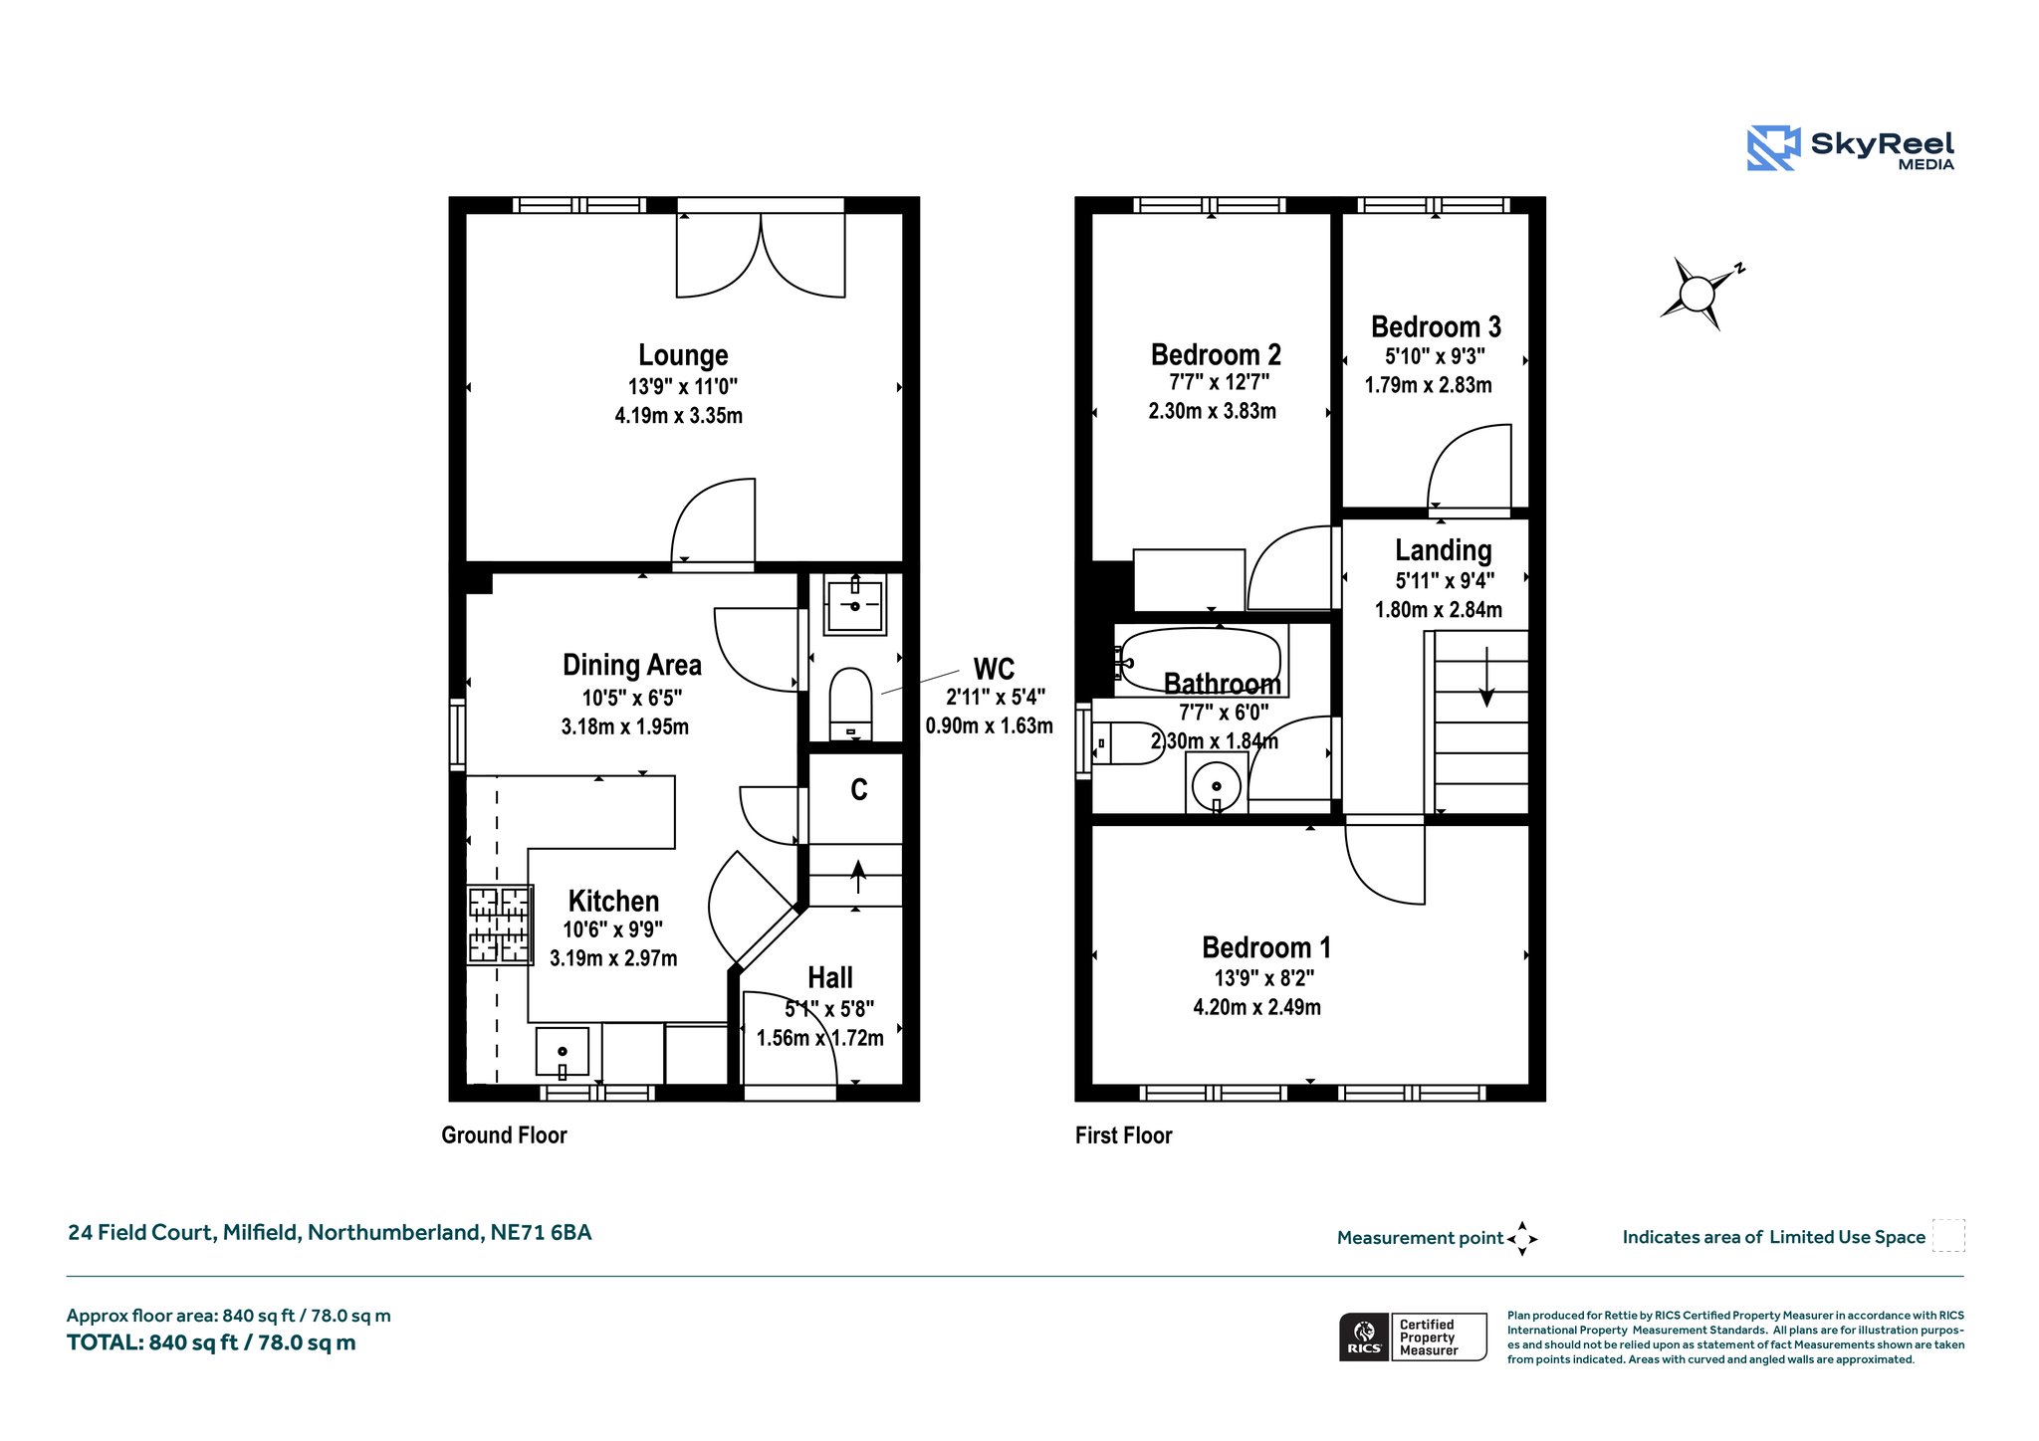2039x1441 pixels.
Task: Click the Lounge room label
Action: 683,355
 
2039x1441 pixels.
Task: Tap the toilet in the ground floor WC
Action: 851,704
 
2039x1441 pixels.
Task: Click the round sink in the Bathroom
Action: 1217,786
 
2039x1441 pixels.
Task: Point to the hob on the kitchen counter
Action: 500,926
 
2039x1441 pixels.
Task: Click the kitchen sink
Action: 563,1052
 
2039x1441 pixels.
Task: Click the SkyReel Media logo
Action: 1851,148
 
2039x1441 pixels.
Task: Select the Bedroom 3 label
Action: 1436,326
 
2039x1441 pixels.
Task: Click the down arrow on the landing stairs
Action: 1486,677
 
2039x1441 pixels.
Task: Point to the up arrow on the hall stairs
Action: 857,877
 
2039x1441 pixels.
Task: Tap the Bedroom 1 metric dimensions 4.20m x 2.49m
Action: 1257,1007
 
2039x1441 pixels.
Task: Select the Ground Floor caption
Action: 504,1135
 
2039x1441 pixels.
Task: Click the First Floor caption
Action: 1124,1135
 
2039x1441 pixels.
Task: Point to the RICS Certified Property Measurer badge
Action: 1413,1337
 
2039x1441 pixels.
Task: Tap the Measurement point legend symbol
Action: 1522,1239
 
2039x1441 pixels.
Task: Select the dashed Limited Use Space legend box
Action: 1948,1236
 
